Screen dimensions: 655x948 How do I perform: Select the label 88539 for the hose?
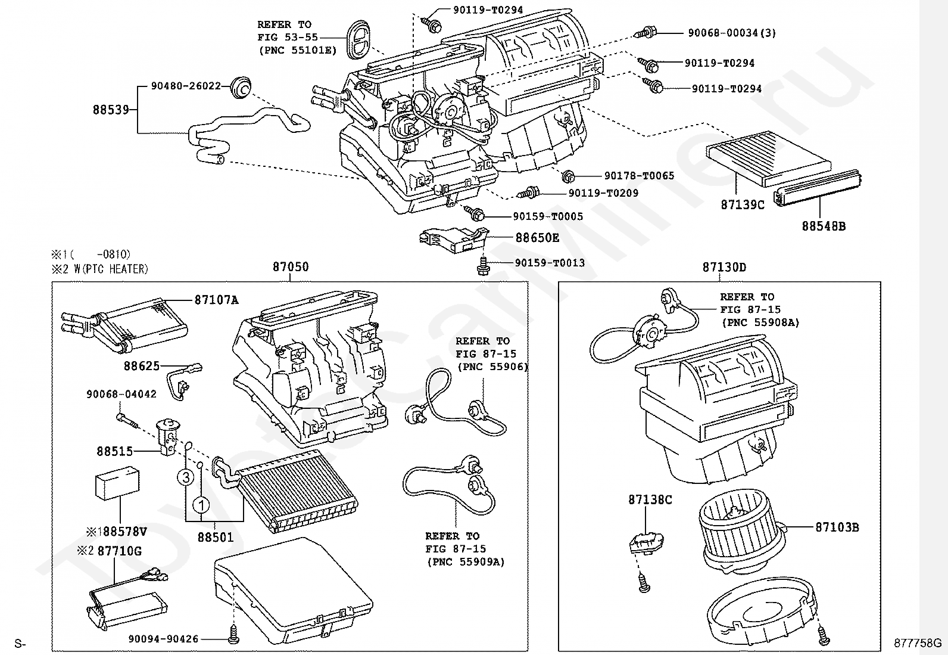point(111,110)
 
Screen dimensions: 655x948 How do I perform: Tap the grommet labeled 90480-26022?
point(241,87)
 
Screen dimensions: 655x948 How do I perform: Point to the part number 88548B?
point(823,226)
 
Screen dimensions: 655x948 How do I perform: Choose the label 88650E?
point(537,238)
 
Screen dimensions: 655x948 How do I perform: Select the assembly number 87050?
point(291,267)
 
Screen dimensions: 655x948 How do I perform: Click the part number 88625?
point(142,366)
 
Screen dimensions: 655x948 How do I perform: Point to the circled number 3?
point(186,477)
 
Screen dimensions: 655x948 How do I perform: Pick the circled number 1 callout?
point(201,506)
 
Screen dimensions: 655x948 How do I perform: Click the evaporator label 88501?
point(216,537)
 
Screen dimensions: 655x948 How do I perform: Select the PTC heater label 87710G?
point(119,551)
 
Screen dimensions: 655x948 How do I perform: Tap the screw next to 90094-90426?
point(233,638)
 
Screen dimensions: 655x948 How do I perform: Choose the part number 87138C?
point(650,499)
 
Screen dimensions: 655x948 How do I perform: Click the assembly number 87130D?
point(724,267)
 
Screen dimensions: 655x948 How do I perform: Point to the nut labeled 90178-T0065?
point(568,176)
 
